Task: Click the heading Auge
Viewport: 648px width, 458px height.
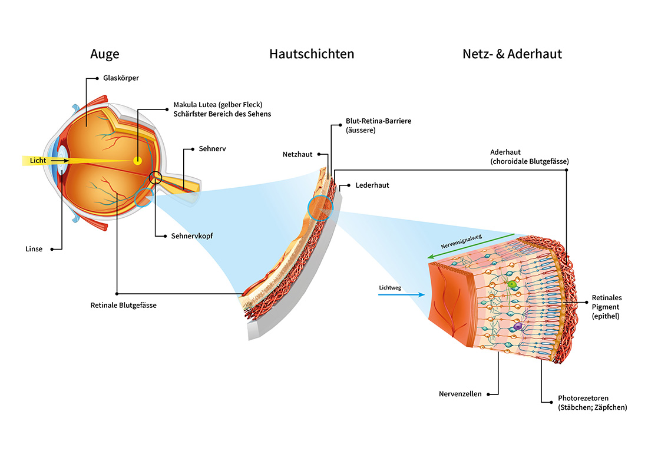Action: tap(105, 54)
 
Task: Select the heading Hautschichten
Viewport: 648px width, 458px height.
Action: tap(312, 54)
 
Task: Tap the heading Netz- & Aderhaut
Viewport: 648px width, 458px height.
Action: tap(513, 54)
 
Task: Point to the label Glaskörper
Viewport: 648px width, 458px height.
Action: tap(121, 78)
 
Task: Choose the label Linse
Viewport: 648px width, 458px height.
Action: tap(34, 249)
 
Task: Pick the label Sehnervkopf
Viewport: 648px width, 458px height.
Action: tap(192, 236)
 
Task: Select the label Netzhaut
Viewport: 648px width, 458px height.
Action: tap(297, 154)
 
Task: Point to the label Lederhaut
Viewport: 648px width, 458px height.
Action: tap(372, 185)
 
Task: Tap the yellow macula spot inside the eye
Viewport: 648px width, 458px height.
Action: tap(137, 161)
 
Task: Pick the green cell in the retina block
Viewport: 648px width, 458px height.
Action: tap(512, 285)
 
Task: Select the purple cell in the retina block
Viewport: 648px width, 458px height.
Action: tap(518, 326)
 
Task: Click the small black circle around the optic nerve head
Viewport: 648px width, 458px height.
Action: tap(156, 177)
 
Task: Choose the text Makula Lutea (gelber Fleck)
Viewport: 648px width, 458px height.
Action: tap(218, 105)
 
